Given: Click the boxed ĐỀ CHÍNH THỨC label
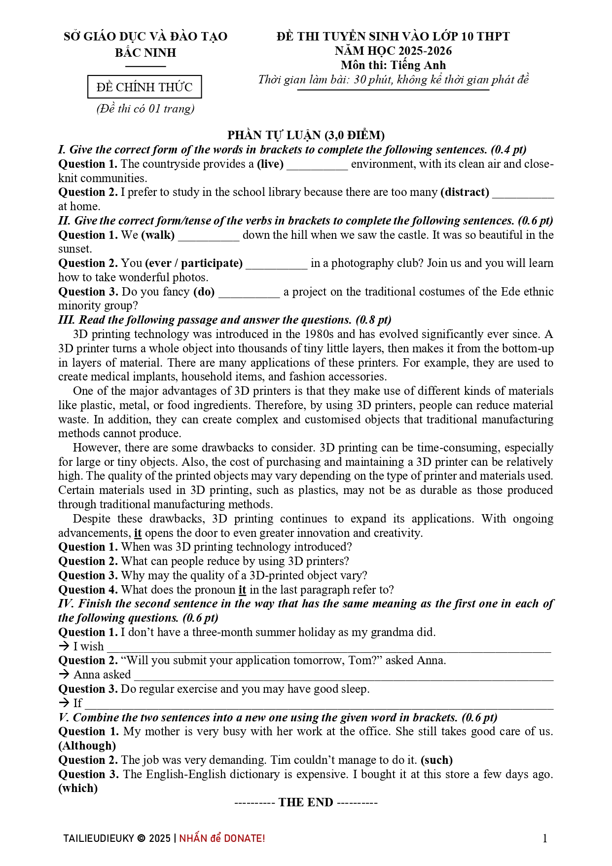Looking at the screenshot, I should tap(144, 87).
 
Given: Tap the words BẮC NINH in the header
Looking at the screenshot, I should tap(145, 52).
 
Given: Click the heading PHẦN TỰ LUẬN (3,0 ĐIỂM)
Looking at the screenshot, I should tap(306, 135).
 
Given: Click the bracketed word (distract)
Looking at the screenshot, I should tap(465, 192).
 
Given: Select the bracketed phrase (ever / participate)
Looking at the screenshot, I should tap(194, 263).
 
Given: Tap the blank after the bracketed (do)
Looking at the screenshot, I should tap(249, 293).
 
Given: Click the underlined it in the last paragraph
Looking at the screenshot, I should tap(138, 533).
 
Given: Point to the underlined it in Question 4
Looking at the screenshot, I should tap(242, 590).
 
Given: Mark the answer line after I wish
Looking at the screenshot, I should tap(328, 647).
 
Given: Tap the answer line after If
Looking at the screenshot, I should tap(319, 704).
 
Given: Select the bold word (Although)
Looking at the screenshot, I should tap(87, 746).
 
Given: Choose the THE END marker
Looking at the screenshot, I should tap(306, 802).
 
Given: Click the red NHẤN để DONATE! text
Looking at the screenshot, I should tap(222, 838).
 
